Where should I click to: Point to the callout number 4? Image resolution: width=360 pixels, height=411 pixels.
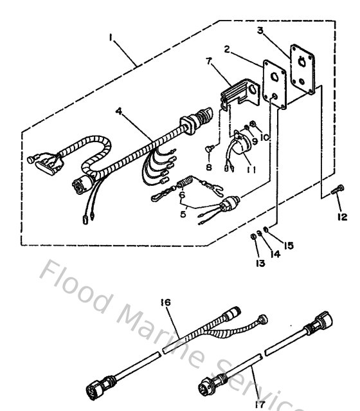(x=118, y=111)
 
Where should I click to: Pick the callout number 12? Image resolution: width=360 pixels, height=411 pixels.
(x=342, y=217)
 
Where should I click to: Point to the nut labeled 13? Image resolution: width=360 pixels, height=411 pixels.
(x=254, y=238)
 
